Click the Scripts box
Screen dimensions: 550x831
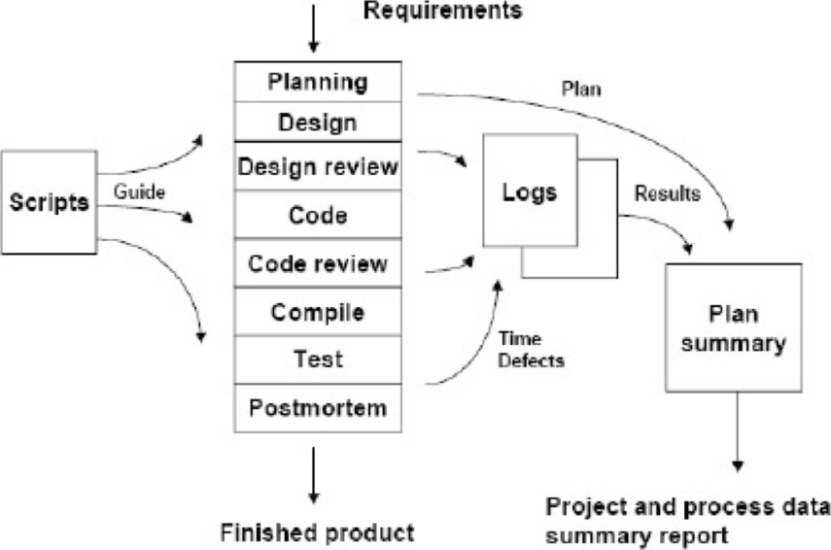tap(50, 202)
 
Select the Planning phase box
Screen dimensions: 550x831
tap(319, 82)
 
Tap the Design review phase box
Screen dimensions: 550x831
tap(319, 167)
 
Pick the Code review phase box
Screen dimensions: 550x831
tap(319, 263)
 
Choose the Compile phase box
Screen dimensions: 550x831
tap(319, 312)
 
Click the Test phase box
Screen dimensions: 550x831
tap(319, 360)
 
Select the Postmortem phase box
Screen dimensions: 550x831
tap(319, 406)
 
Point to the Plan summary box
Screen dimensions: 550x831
tap(732, 327)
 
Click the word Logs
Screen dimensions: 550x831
tap(530, 191)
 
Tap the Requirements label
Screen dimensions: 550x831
tap(442, 12)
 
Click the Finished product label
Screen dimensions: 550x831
tap(319, 532)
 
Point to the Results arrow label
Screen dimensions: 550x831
tap(667, 193)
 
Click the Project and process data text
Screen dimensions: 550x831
tap(687, 507)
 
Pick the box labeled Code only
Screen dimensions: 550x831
tap(319, 215)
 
